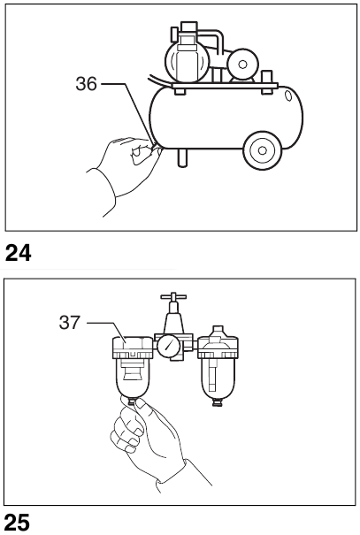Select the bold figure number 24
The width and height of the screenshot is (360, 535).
(19, 255)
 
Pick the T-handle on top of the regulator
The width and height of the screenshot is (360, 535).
(170, 301)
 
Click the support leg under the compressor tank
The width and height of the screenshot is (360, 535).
(182, 156)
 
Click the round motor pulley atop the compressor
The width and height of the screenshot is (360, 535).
(239, 64)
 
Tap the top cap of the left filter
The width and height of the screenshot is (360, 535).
(134, 343)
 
